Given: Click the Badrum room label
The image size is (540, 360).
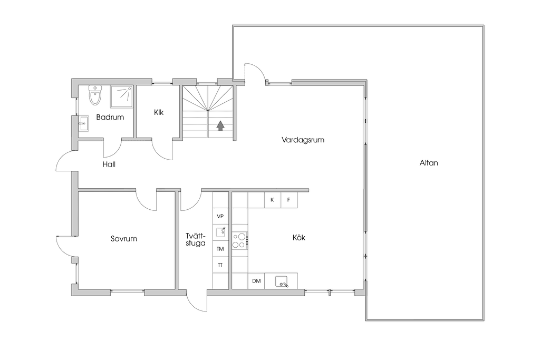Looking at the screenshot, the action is pyautogui.click(x=110, y=117).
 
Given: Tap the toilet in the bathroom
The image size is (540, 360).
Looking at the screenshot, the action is pyautogui.click(x=95, y=95).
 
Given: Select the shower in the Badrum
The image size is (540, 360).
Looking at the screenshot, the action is pyautogui.click(x=122, y=96).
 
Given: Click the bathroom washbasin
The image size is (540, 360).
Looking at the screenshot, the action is pyautogui.click(x=83, y=123).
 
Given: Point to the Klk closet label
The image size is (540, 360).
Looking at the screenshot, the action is pyautogui.click(x=159, y=112).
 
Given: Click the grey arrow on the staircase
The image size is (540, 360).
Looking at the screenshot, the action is pyautogui.click(x=220, y=125).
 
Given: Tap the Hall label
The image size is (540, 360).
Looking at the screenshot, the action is pyautogui.click(x=109, y=164).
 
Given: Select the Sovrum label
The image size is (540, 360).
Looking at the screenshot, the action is pyautogui.click(x=124, y=239).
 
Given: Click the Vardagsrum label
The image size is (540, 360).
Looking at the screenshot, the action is pyautogui.click(x=303, y=140).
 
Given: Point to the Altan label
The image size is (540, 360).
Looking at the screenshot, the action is pyautogui.click(x=429, y=163).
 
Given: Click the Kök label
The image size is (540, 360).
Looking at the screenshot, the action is pyautogui.click(x=299, y=238).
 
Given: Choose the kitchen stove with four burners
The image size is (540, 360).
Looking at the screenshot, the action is pyautogui.click(x=240, y=240).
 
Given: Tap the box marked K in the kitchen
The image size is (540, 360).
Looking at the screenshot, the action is pyautogui.click(x=273, y=200).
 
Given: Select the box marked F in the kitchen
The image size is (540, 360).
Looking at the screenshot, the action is pyautogui.click(x=290, y=200).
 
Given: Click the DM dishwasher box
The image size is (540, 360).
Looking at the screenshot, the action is pyautogui.click(x=256, y=281).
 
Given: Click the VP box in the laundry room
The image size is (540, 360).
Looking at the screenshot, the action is pyautogui.click(x=220, y=216).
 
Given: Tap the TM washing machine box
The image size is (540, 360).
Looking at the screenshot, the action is pyautogui.click(x=220, y=249).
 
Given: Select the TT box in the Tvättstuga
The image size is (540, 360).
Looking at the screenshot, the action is pyautogui.click(x=220, y=265).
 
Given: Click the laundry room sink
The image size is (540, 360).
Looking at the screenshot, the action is pyautogui.click(x=221, y=232).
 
